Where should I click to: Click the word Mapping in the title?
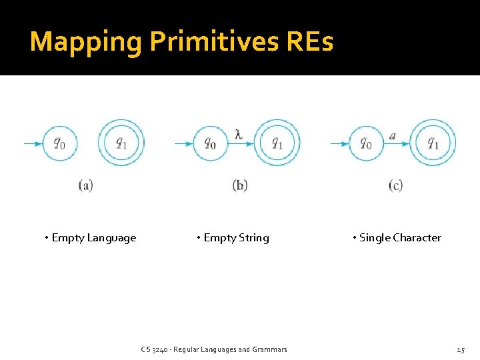click(86, 42)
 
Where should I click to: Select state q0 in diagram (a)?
click(60, 143)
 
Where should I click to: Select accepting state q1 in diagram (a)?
click(121, 143)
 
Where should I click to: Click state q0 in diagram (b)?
click(211, 143)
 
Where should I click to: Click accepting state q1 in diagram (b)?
click(277, 143)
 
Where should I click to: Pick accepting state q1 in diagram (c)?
click(433, 143)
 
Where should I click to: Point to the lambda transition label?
click(239, 134)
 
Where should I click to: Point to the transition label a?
click(393, 135)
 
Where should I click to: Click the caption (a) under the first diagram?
click(85, 185)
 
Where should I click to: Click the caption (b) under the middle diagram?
click(240, 185)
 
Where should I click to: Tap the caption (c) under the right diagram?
click(395, 185)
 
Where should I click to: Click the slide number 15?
click(460, 349)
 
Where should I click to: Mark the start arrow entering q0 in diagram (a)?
click(33, 143)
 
